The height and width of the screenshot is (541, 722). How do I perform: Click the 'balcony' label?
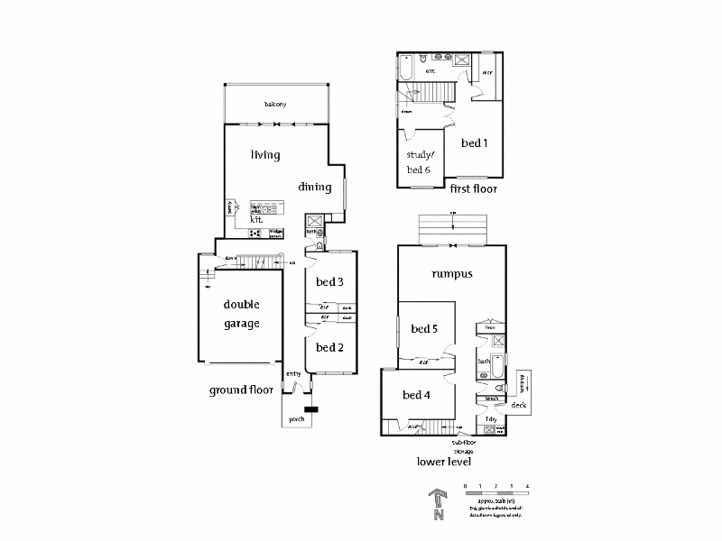275,105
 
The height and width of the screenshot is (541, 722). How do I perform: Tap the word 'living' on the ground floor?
265,155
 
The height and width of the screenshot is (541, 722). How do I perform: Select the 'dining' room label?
315,188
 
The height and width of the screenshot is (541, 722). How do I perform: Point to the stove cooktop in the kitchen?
255,233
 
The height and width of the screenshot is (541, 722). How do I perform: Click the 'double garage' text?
242,315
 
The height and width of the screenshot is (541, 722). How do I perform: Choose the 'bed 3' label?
329,282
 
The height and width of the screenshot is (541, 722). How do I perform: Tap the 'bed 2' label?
329,347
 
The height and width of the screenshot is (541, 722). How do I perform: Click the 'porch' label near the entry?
296,420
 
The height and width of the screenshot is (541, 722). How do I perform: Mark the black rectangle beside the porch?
311,410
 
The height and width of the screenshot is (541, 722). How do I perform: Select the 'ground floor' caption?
241,390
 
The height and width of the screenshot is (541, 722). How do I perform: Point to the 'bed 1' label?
475,142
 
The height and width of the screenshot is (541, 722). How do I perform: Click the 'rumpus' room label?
453,274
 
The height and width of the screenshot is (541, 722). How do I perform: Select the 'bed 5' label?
424,329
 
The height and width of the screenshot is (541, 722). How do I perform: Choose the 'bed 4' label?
417,395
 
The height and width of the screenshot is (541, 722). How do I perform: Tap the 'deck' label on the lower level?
518,406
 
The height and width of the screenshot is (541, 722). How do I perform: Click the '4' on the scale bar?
527,486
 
